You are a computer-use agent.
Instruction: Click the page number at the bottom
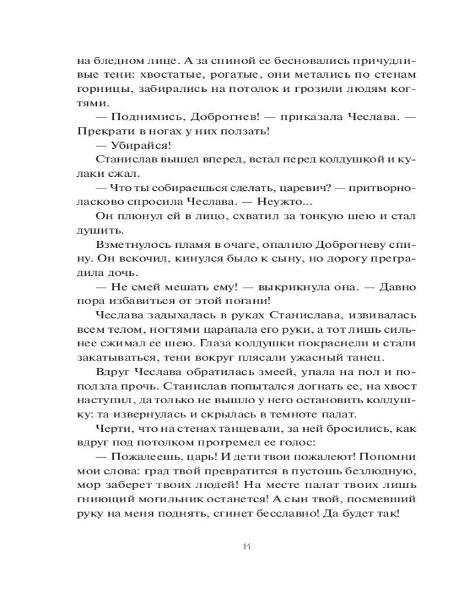click(237, 546)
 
